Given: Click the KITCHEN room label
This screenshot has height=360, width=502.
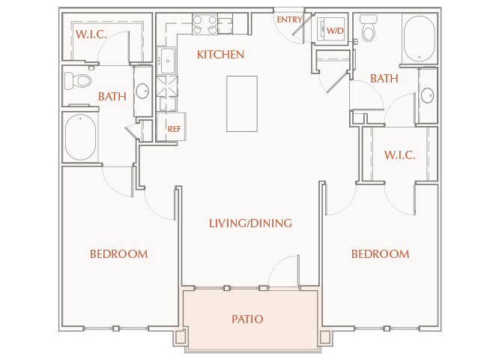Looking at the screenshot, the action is (220, 55).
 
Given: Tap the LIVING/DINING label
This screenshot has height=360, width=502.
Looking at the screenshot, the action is (250, 223).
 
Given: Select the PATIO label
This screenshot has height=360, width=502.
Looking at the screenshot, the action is (247, 319).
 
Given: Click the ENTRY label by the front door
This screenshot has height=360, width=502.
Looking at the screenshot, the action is (289, 20).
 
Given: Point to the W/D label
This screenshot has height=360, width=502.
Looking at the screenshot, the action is (335, 31).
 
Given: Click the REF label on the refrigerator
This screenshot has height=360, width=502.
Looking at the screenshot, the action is (174, 129).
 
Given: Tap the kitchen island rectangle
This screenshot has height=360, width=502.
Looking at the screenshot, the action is (242, 103).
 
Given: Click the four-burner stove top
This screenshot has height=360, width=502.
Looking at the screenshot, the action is (205, 25).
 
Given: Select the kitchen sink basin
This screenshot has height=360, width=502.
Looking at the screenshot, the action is (168, 61).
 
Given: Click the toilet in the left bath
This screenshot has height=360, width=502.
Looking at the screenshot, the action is (78, 80).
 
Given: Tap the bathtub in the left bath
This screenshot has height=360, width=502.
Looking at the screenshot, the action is (80, 137).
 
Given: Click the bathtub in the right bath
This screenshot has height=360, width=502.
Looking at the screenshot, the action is (420, 39).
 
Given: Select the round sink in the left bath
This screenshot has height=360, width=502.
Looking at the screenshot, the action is (142, 91).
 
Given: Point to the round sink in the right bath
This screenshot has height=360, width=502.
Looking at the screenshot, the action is (427, 95).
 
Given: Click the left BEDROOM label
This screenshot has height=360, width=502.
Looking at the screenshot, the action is (119, 254).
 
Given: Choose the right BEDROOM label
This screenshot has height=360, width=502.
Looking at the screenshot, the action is (381, 254).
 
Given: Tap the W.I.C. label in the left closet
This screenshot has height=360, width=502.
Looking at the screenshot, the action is (91, 34).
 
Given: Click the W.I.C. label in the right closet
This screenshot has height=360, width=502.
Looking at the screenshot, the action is (399, 155).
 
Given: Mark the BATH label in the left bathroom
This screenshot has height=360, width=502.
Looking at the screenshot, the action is (112, 97).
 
